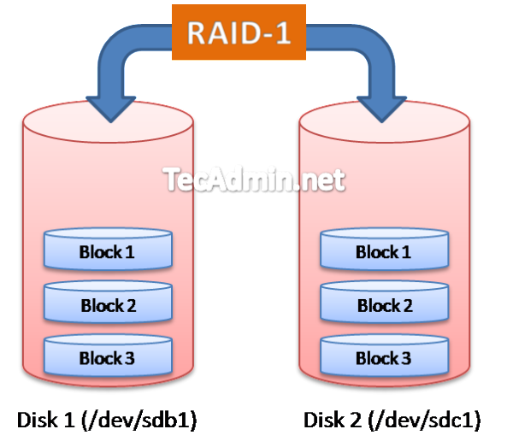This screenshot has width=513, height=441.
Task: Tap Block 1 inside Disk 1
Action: pos(108,251)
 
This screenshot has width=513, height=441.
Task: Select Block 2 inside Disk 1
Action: pos(108,305)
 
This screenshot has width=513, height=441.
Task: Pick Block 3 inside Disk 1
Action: pos(108,358)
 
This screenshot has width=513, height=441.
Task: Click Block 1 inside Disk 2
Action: pos(384,251)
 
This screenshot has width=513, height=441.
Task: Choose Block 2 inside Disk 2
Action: pos(384,305)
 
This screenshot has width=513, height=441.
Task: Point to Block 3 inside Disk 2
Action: pos(384,358)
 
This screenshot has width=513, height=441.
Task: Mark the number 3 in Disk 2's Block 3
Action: pos(406,358)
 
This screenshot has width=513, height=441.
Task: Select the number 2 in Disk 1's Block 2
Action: pos(131,305)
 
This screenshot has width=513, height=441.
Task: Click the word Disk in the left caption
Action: pos(33,420)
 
